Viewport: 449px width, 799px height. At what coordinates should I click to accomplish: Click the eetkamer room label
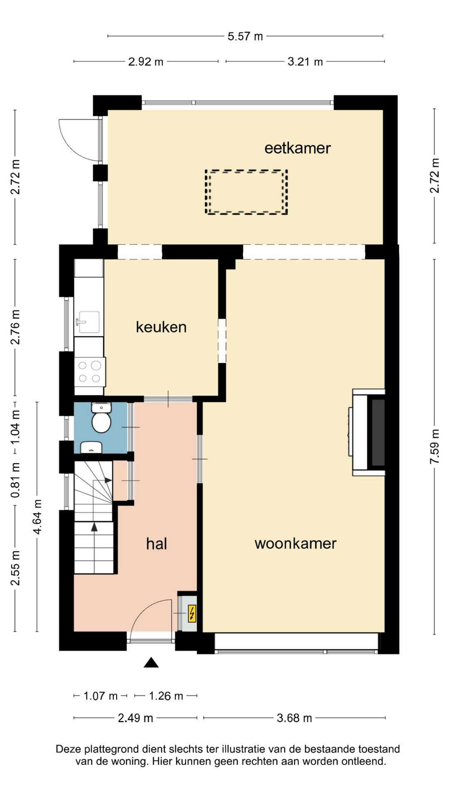coord(297,148)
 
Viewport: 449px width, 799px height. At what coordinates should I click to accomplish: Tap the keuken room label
coord(161,327)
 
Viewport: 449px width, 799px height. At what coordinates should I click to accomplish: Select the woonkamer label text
coord(295,543)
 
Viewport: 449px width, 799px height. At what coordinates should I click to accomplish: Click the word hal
coord(156,543)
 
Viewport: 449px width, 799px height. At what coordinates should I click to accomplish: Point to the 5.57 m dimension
coord(245,36)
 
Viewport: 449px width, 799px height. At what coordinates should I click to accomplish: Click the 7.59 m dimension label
coord(435,447)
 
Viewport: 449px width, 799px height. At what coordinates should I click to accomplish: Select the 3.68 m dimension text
coord(294,718)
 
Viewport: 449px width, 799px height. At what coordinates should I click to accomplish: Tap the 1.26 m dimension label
coord(165,696)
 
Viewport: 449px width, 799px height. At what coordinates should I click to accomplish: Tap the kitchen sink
coord(88,322)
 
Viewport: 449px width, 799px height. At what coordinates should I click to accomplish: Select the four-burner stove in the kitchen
coord(89,372)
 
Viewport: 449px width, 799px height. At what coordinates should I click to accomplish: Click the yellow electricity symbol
coord(192,613)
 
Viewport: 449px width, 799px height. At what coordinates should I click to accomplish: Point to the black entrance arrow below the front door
coord(151,663)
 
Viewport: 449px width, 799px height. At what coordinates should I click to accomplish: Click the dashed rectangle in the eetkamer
coord(246,192)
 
